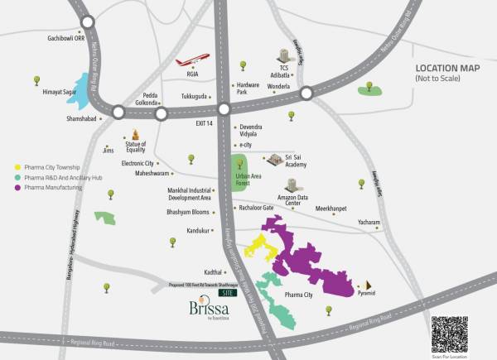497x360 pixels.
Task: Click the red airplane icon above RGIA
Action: point(192,60)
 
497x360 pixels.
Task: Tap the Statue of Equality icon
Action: point(135,135)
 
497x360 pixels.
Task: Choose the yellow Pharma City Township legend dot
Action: point(18,168)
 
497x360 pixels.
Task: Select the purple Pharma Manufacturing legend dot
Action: point(18,189)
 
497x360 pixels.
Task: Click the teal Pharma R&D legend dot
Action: point(18,178)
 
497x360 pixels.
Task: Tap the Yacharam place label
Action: point(369,223)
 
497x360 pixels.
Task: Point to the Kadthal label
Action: point(191,271)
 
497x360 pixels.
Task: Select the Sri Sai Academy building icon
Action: point(273,158)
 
